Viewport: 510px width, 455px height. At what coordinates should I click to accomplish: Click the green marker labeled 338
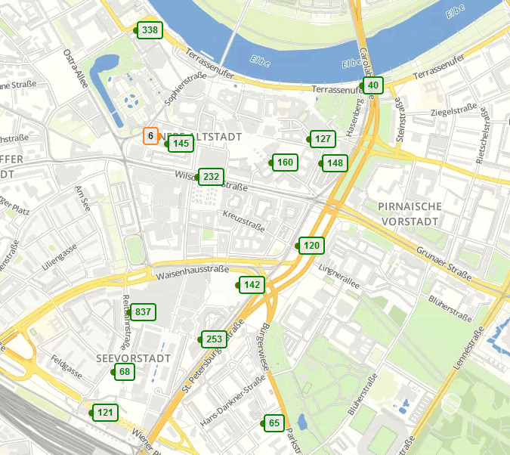pyautogui.click(x=150, y=30)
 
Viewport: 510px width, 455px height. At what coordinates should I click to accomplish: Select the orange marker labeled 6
pyautogui.click(x=150, y=136)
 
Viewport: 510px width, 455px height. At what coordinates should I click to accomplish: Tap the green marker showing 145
pyautogui.click(x=181, y=144)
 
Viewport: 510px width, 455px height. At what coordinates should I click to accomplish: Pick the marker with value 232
pyautogui.click(x=211, y=178)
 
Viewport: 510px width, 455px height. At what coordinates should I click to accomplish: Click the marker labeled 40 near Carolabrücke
pyautogui.click(x=372, y=85)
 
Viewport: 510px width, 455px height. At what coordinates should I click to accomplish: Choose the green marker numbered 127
pyautogui.click(x=323, y=139)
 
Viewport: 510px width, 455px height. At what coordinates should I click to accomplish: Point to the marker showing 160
pyautogui.click(x=285, y=162)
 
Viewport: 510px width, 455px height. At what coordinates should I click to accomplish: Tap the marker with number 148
pyautogui.click(x=335, y=163)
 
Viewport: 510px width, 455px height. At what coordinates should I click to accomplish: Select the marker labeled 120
pyautogui.click(x=311, y=246)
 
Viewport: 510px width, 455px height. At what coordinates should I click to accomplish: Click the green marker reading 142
pyautogui.click(x=252, y=285)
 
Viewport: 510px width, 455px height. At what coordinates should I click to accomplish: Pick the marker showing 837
pyautogui.click(x=143, y=312)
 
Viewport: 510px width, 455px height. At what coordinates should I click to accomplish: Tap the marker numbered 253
pyautogui.click(x=214, y=340)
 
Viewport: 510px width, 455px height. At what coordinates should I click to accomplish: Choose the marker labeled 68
pyautogui.click(x=125, y=372)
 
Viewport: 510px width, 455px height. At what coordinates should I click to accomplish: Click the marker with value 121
pyautogui.click(x=105, y=413)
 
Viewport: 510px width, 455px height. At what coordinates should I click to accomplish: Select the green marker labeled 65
pyautogui.click(x=274, y=423)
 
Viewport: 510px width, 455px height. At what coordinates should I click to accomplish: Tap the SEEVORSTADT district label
pyautogui.click(x=134, y=357)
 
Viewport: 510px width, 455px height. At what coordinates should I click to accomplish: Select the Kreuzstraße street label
pyautogui.click(x=243, y=221)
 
